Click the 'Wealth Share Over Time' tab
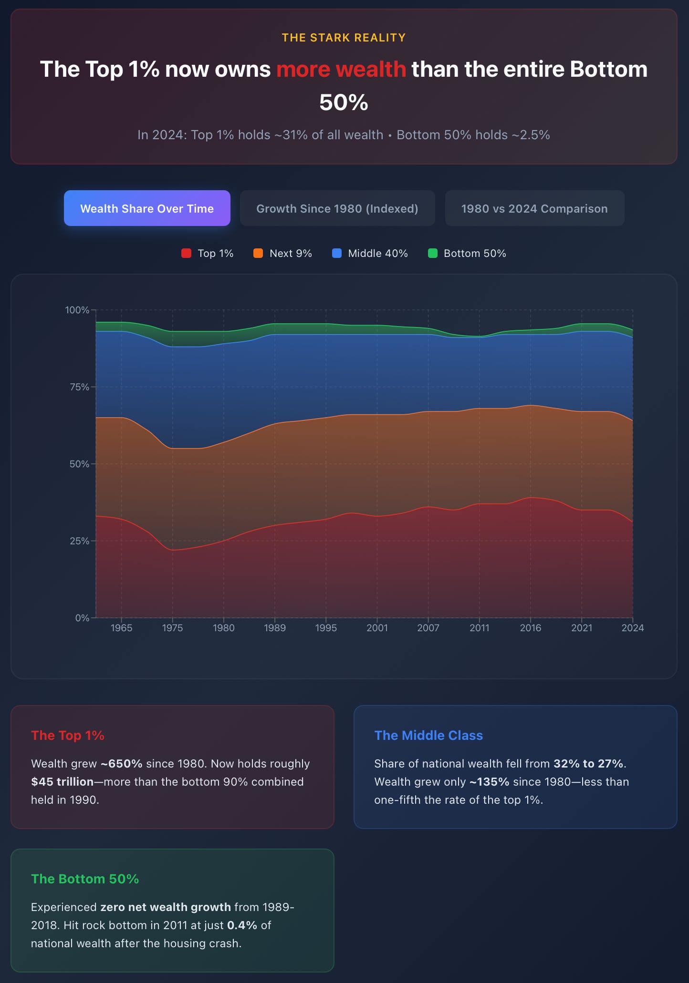(147, 208)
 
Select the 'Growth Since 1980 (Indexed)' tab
(337, 208)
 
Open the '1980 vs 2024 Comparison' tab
(534, 208)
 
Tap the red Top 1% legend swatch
(186, 253)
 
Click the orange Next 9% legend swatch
(258, 253)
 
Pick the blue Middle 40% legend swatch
(337, 253)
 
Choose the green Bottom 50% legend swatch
(433, 253)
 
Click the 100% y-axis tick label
(77, 310)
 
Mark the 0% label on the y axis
(82, 618)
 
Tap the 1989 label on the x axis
(275, 628)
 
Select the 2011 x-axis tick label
(480, 628)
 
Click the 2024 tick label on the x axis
(633, 628)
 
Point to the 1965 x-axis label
(121, 628)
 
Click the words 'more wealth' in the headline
(341, 69)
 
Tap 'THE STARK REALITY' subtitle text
(344, 38)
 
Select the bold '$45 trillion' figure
(63, 782)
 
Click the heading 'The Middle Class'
(428, 735)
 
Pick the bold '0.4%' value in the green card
(242, 925)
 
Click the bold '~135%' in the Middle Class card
(489, 782)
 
